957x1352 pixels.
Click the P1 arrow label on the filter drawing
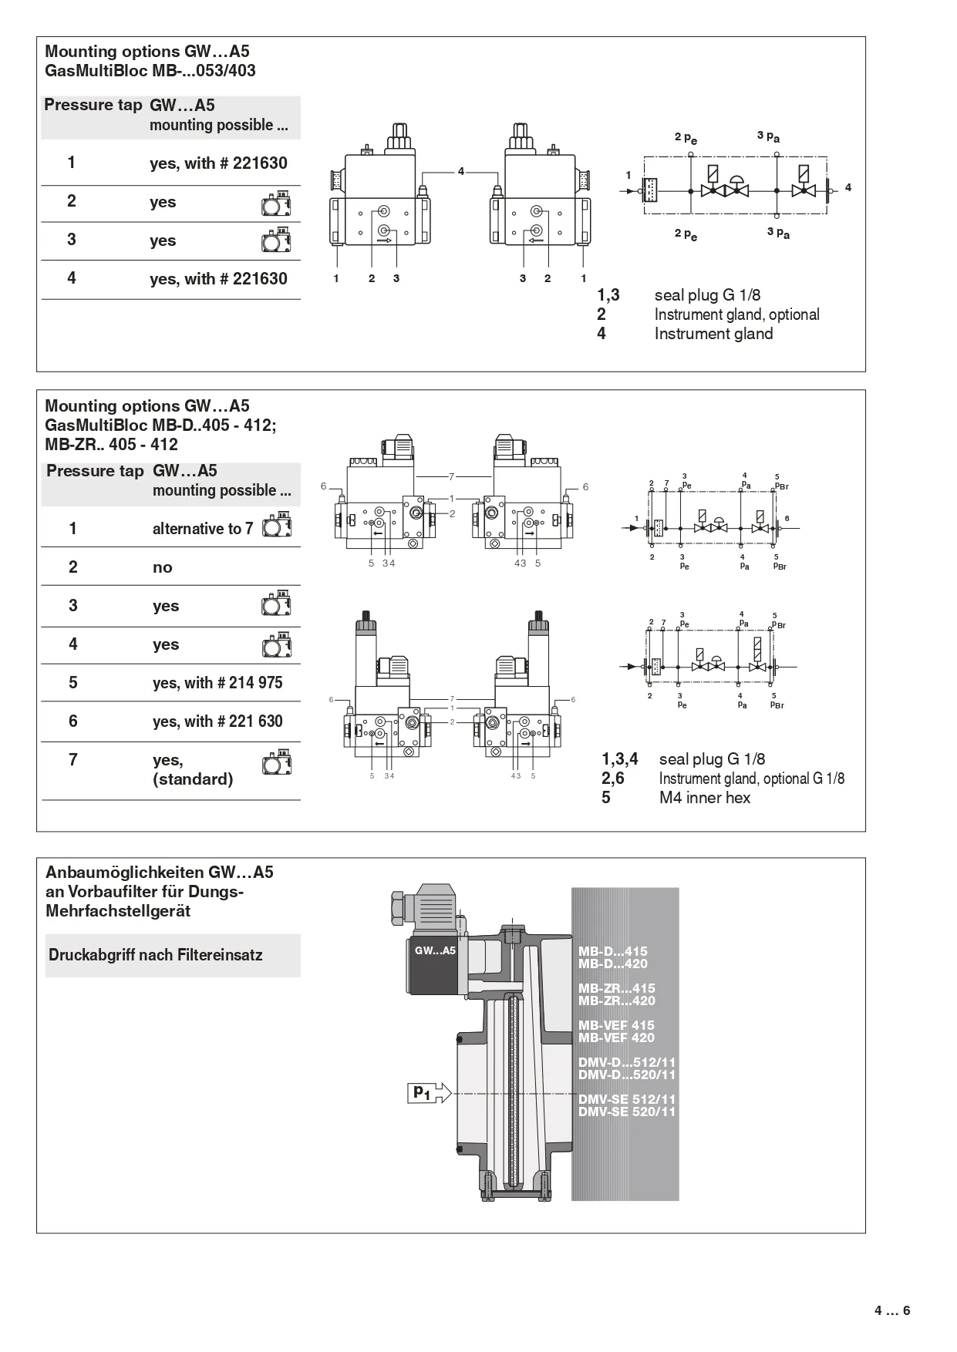coord(423,1092)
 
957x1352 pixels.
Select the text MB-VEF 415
coord(616,1025)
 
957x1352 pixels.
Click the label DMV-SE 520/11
coord(627,1112)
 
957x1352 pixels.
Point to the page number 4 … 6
coord(892,1310)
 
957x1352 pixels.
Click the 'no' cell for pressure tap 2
coord(162,567)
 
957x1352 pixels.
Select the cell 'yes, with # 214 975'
coord(217,683)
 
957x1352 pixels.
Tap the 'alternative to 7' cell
coord(203,529)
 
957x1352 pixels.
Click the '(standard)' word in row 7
coord(193,779)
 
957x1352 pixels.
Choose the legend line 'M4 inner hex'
coord(704,798)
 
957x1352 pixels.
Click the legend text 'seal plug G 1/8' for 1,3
coord(707,295)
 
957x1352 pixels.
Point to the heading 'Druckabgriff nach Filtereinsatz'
coord(156,955)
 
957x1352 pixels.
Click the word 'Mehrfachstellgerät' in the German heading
coord(118,911)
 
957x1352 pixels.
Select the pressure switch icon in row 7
coord(277,762)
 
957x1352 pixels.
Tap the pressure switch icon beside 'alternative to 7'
coord(277,526)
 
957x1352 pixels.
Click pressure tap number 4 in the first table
coord(72,277)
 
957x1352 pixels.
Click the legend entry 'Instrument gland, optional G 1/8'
coord(751,779)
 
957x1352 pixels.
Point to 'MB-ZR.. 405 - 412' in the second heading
coord(112,445)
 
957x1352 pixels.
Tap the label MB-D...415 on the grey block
coord(613,951)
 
